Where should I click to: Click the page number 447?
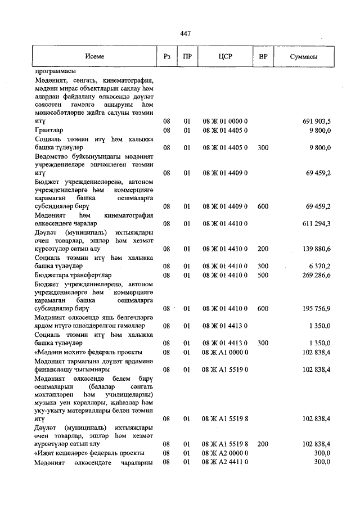coord(185,33)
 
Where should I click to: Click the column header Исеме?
coord(94,57)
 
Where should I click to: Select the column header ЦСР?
coord(225,57)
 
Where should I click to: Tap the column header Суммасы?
coord(304,57)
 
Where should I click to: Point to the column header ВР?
coord(263,57)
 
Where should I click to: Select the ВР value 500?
coord(262,275)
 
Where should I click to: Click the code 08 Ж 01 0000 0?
coord(225,121)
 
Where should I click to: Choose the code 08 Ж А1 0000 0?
coord(225,352)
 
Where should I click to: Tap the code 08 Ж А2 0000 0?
coord(225,453)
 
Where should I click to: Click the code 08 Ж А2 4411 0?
coord(225,462)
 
